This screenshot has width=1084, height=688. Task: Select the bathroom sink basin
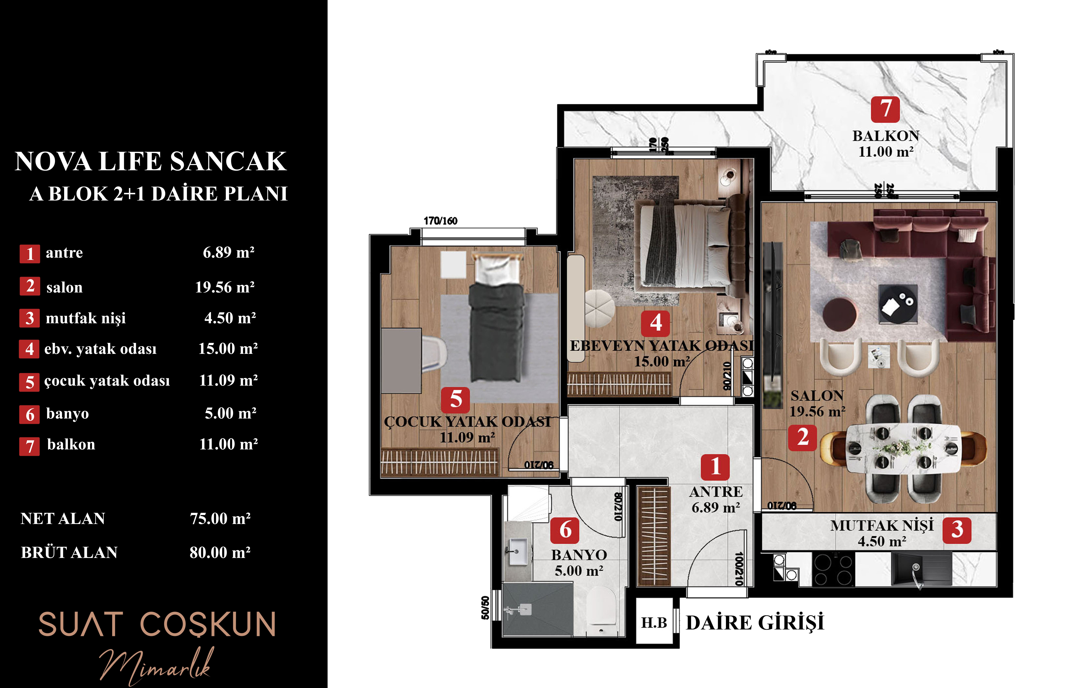pos(518,551)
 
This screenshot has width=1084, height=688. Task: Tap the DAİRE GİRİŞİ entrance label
pos(755,623)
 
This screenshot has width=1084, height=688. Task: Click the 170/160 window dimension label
pos(440,220)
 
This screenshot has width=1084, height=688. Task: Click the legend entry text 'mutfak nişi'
pos(86,318)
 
